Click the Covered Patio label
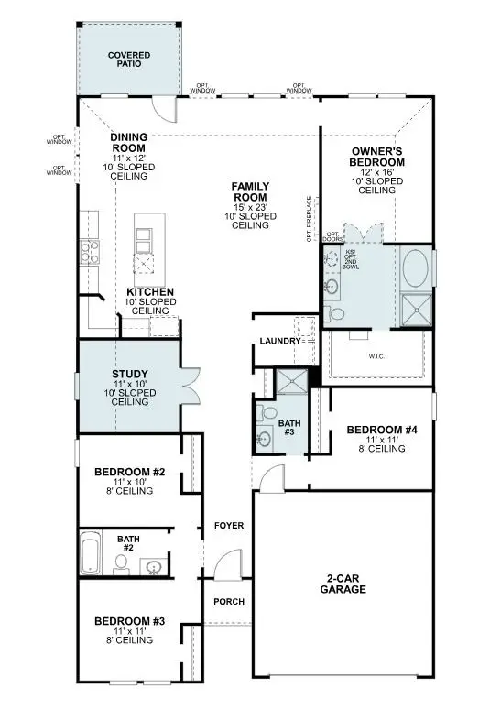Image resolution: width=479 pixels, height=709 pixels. point(128,60)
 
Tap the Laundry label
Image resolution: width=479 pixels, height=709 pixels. point(279,341)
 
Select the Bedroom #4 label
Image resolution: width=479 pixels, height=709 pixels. point(381,430)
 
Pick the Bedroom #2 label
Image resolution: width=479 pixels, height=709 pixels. point(130,473)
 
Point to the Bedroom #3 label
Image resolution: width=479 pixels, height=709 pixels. point(130,622)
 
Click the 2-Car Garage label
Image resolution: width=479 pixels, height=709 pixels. point(345,584)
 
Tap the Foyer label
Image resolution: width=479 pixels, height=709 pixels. point(227,526)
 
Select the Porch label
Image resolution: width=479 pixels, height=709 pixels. point(227,602)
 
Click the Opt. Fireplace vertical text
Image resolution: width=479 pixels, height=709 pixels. point(310,216)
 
